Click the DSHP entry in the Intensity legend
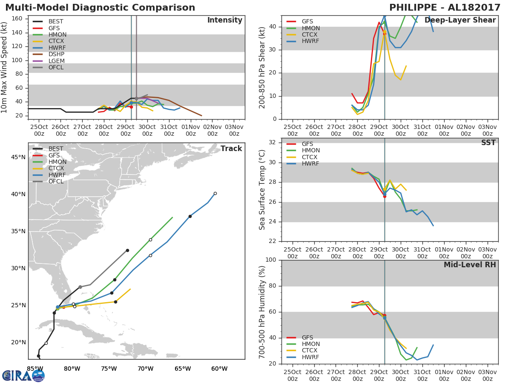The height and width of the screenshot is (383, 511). point(49,54)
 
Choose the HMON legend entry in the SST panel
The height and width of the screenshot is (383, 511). point(303,151)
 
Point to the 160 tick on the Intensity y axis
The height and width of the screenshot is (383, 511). point(17,19)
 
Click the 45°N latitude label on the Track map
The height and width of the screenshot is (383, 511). point(18,157)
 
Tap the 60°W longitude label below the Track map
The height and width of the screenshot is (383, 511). point(219,369)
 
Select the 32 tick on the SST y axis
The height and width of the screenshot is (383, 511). point(273,142)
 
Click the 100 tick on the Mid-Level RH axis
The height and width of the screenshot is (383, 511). point(271,260)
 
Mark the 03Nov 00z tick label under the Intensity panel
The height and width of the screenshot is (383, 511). point(234,131)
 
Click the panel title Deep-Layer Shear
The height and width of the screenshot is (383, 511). point(460,20)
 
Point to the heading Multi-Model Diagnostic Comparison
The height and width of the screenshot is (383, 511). point(100,8)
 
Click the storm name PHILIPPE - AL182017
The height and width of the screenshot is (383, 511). point(445,8)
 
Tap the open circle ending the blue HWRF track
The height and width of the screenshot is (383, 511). point(215,194)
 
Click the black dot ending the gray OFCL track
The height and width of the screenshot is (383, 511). point(127,251)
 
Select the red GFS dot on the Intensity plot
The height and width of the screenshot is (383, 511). point(131,107)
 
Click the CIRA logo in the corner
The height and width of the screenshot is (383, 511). point(23,376)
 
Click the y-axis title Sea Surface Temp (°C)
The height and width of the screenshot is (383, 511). point(262,190)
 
